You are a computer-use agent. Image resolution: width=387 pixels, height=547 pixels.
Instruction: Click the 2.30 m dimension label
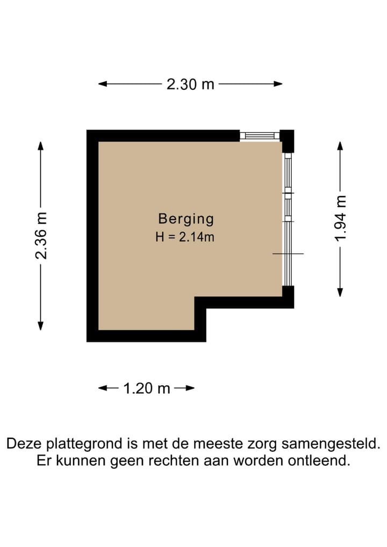point(190,84)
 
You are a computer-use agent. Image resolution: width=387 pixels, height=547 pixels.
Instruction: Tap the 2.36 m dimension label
point(41,235)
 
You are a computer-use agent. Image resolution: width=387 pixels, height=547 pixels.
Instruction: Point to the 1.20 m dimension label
point(147,388)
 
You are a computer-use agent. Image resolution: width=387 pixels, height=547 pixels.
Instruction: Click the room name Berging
point(186,219)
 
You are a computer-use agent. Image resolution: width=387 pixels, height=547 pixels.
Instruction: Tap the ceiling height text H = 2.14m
point(185,236)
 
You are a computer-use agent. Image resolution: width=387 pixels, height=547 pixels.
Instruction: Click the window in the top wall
point(260,136)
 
